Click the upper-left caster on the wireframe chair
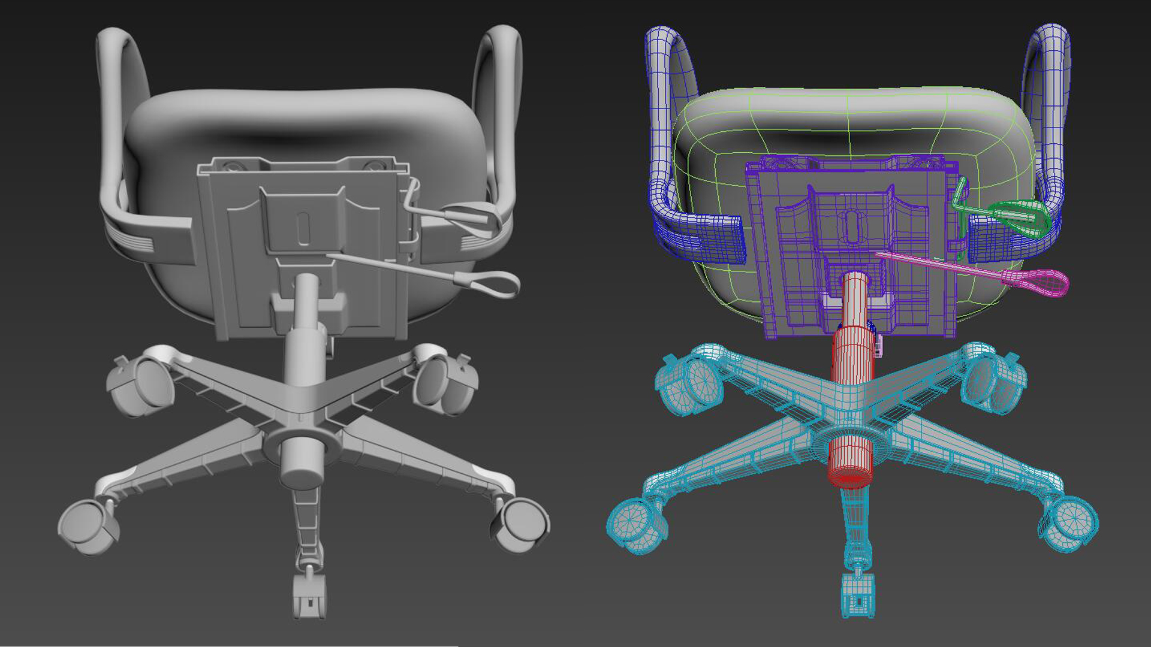pos(689,383)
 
